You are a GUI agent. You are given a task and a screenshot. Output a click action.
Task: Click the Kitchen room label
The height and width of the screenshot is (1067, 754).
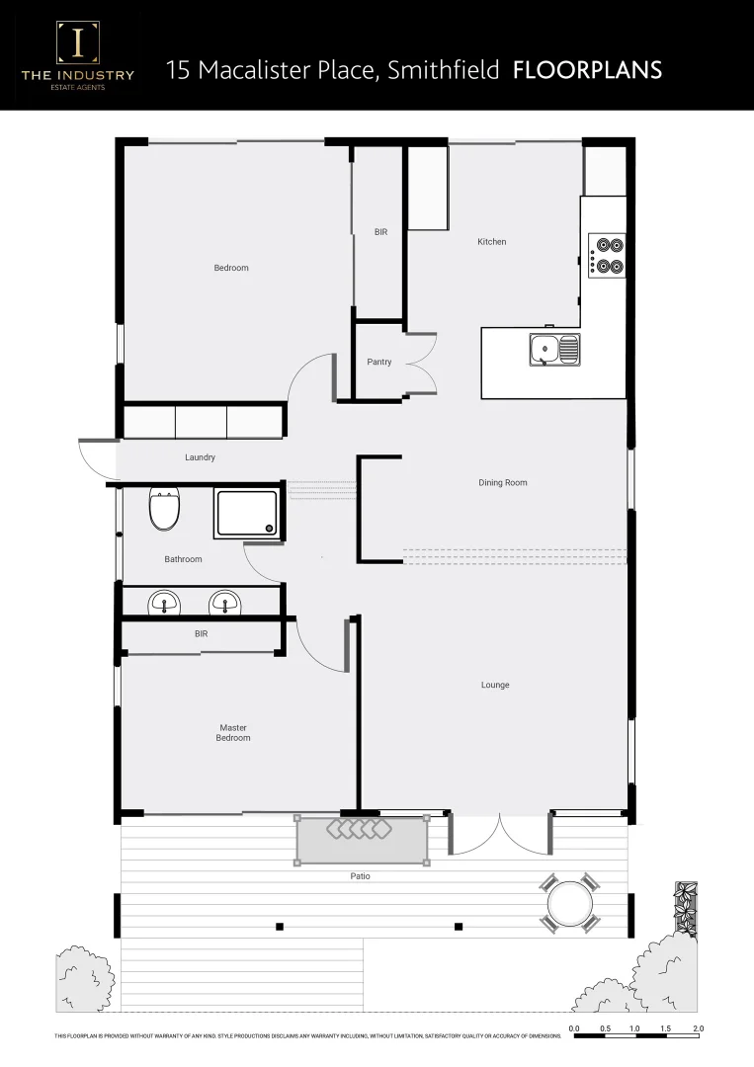(491, 242)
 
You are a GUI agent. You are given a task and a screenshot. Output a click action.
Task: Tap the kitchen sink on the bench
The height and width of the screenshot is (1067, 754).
(553, 350)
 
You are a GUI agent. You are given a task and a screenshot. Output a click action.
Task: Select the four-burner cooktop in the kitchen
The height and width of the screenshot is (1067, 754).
(607, 255)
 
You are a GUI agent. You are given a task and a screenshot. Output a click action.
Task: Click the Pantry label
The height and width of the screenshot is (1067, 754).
(378, 362)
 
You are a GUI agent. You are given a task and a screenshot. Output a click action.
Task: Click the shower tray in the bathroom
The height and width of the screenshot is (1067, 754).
(247, 514)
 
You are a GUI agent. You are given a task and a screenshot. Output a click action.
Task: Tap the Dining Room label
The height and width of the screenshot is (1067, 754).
(503, 483)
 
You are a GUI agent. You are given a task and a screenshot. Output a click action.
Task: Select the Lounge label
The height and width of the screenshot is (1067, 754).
(495, 685)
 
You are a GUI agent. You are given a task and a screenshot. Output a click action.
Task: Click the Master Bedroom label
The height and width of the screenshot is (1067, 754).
(233, 733)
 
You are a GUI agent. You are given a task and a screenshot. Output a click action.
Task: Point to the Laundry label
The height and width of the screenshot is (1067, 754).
(200, 457)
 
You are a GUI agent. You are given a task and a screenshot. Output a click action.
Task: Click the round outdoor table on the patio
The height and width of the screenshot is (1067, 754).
(569, 903)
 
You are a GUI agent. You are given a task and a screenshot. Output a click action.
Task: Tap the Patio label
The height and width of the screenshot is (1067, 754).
(360, 876)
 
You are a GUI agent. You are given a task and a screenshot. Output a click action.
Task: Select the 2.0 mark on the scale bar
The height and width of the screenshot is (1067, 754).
(698, 1028)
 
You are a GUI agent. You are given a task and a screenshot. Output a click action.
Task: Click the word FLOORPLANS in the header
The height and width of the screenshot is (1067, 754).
(587, 70)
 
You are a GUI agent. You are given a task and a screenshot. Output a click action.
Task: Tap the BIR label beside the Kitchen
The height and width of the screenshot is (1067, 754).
(380, 232)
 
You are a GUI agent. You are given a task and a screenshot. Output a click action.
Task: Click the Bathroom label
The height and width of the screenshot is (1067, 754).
(183, 559)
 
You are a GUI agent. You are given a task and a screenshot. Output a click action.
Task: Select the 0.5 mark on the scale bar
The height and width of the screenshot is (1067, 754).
(605, 1028)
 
